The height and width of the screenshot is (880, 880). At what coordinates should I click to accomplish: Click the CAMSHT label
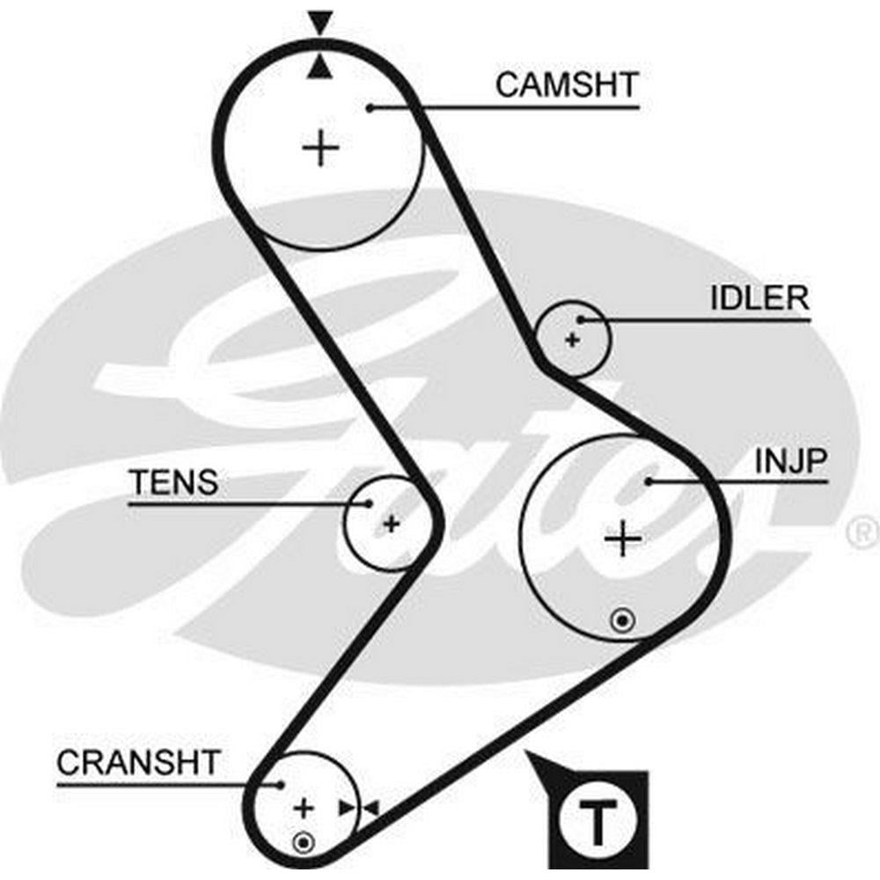(x=566, y=85)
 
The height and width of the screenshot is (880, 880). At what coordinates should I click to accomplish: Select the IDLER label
(x=759, y=298)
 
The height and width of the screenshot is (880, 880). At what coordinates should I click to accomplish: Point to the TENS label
(x=173, y=482)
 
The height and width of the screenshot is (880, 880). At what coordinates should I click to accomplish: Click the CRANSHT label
(x=138, y=762)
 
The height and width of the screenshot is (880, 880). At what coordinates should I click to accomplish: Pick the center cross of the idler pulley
(x=573, y=339)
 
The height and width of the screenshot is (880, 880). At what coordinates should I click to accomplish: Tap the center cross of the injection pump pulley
(x=624, y=538)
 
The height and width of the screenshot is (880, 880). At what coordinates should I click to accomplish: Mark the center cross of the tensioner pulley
(x=391, y=524)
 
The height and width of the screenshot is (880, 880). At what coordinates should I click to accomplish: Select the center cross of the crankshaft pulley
(x=304, y=807)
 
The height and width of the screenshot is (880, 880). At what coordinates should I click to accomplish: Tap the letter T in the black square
(x=598, y=823)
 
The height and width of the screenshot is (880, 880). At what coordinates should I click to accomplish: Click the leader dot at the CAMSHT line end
(x=371, y=108)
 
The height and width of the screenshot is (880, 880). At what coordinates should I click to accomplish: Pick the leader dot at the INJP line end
(x=649, y=480)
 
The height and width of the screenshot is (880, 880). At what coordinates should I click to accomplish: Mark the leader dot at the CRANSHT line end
(x=281, y=784)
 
